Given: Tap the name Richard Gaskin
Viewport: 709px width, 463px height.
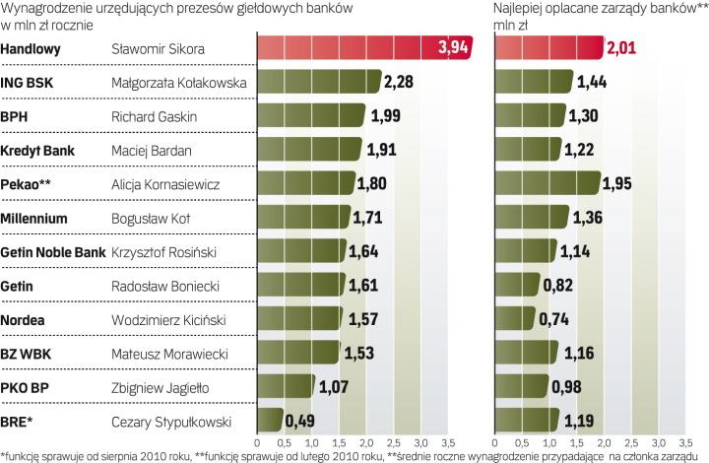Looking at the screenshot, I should click(150, 117).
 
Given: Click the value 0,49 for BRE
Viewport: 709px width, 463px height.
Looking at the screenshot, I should click(300, 422).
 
